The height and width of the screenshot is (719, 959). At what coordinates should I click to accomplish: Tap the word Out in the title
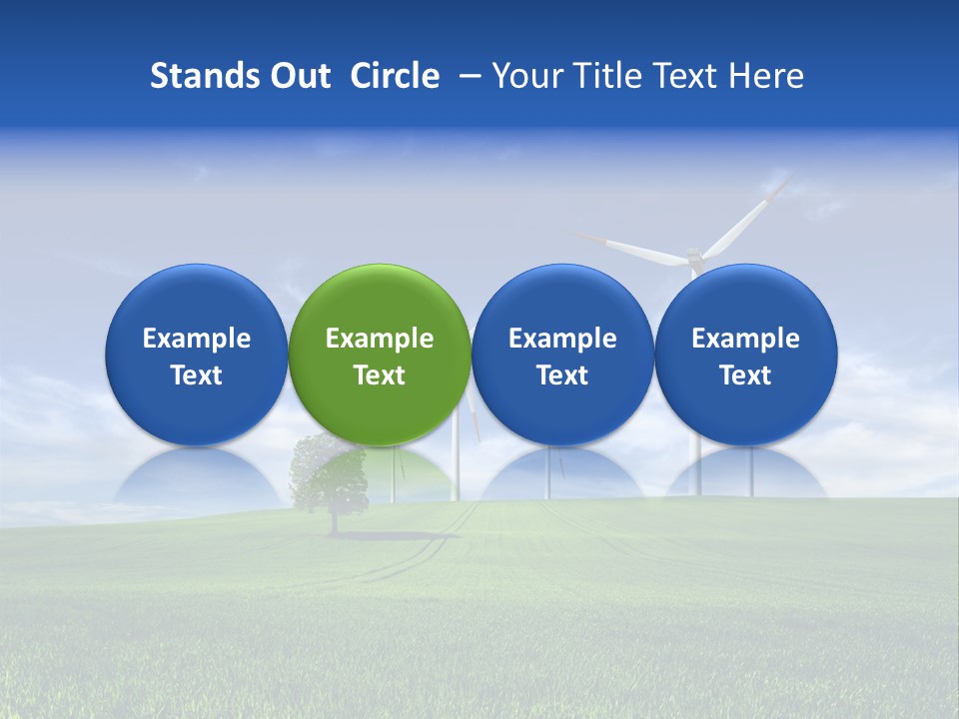click(298, 76)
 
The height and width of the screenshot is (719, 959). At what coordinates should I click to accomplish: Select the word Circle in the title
click(395, 76)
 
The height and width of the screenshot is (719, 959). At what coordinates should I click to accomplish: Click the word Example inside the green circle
click(380, 339)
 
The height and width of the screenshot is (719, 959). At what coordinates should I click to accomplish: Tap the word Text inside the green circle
click(380, 375)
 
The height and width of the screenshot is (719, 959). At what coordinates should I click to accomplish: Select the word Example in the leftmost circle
click(197, 339)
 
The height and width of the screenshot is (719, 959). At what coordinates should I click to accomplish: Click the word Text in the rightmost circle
click(746, 375)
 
